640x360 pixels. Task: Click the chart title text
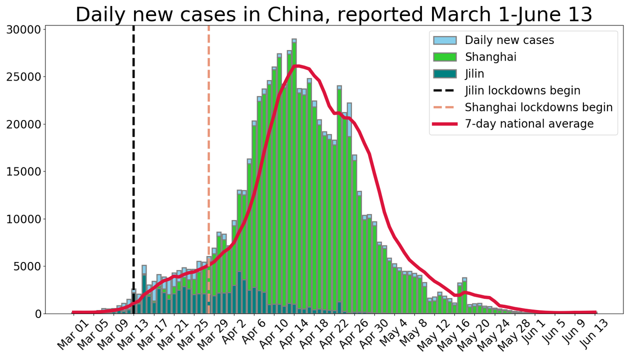[x=333, y=14]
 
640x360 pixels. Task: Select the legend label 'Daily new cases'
[x=509, y=40]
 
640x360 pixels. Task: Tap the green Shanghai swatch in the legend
[x=444, y=57]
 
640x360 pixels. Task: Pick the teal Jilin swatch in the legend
[x=444, y=74]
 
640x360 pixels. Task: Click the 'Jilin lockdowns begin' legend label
[x=522, y=90]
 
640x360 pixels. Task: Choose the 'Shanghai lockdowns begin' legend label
[x=538, y=107]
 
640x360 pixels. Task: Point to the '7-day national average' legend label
[x=529, y=123]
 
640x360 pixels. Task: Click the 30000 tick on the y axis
[x=26, y=29]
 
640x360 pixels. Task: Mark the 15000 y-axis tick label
[x=26, y=171]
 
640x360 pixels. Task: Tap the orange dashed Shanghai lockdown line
[x=208, y=150]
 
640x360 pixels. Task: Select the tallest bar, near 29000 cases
[x=294, y=175]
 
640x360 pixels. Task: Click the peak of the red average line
[x=296, y=65]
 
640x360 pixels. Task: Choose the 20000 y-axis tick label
[x=26, y=124]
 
